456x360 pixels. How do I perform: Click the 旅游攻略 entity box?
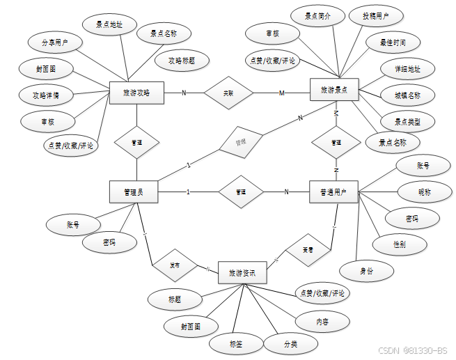point(136,93)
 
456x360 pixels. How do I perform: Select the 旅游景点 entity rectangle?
point(333,90)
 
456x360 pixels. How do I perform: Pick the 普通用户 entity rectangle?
point(333,191)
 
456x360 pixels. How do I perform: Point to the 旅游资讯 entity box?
point(242,274)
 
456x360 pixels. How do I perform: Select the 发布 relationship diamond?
point(175,265)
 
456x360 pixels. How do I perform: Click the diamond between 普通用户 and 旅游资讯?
point(307,249)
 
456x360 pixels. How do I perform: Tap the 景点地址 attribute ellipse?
point(109,24)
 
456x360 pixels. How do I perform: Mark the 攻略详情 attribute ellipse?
point(39,93)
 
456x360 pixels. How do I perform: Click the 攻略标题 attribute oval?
point(181,61)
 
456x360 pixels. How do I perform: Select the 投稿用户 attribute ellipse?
point(376,16)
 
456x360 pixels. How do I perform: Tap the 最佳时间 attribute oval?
point(393,42)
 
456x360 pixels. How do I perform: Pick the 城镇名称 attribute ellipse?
point(407,95)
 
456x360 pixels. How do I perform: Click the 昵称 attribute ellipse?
point(424,191)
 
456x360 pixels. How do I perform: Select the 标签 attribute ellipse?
point(235,343)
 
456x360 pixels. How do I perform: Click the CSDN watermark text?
point(413,350)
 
